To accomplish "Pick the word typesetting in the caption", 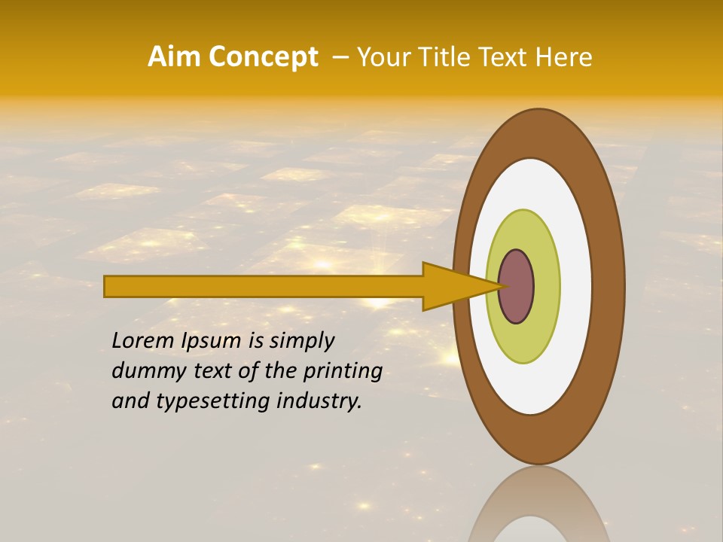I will click(x=213, y=401).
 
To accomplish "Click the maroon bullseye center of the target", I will click(x=518, y=287).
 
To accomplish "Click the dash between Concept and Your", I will click(x=340, y=58).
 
